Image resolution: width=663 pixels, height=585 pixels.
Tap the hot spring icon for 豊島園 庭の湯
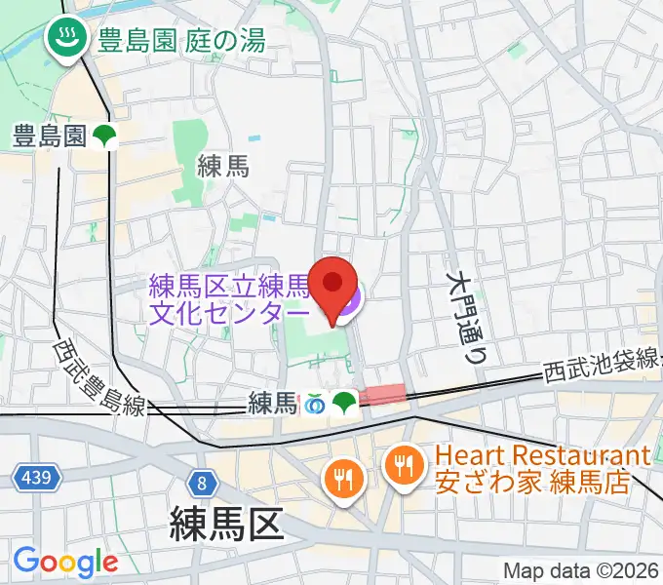tap(66, 40)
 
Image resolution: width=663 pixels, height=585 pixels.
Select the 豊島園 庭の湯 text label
tap(179, 40)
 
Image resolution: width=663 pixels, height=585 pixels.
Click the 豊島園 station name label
tap(50, 136)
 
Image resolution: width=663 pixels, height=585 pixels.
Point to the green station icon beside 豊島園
tap(105, 137)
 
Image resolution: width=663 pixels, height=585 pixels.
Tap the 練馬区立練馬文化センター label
tap(230, 299)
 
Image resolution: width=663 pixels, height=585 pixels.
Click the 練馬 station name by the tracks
tap(272, 402)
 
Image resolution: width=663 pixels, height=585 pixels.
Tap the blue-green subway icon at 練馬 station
tap(315, 402)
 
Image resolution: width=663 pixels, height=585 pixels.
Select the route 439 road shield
tap(38, 478)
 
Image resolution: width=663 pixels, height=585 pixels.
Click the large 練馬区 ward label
tap(227, 524)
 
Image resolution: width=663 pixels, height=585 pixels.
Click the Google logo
tap(65, 562)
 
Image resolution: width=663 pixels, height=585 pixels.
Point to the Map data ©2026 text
tap(579, 570)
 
